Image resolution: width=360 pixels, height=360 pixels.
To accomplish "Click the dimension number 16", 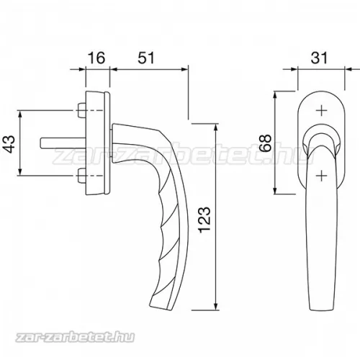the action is click(96, 58).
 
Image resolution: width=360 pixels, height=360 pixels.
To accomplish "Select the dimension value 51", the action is click(146, 58).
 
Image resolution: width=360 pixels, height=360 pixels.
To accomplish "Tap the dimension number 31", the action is click(319, 58).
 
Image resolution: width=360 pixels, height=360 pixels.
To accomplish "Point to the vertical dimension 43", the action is click(10, 144).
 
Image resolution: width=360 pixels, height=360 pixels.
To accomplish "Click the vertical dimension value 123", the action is click(204, 219).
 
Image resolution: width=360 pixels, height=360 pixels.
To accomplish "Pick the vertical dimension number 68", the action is click(266, 143).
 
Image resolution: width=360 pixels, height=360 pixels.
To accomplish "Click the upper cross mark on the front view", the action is click(321, 111).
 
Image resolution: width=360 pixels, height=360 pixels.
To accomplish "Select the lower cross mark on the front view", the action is click(321, 176).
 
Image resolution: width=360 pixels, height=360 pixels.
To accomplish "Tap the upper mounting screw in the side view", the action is click(81, 111).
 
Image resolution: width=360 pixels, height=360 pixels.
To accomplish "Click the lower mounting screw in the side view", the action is click(81, 176).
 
